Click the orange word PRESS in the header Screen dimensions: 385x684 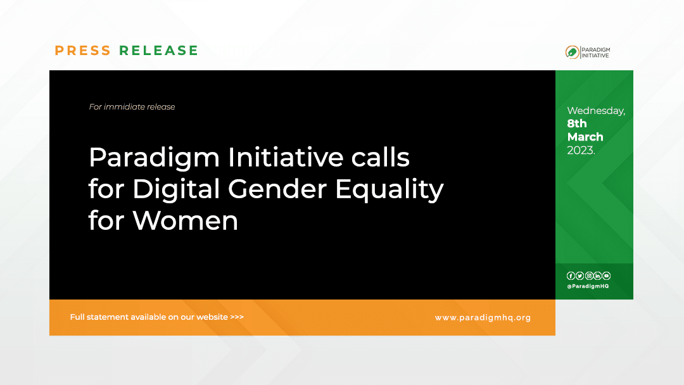82,51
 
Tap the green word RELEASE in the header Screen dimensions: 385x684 159,51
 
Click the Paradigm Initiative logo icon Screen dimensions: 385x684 572,53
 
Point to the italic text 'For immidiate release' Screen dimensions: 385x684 132,107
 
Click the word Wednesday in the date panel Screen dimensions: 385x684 595,111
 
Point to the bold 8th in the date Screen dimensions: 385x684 577,123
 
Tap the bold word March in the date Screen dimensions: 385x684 585,137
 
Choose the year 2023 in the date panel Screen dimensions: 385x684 580,150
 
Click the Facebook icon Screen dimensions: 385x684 571,275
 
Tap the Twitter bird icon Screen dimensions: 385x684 579,275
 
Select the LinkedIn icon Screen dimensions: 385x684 597,275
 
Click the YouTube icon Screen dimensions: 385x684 607,275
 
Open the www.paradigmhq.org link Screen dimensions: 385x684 483,317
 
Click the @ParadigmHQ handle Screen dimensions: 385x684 588,286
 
